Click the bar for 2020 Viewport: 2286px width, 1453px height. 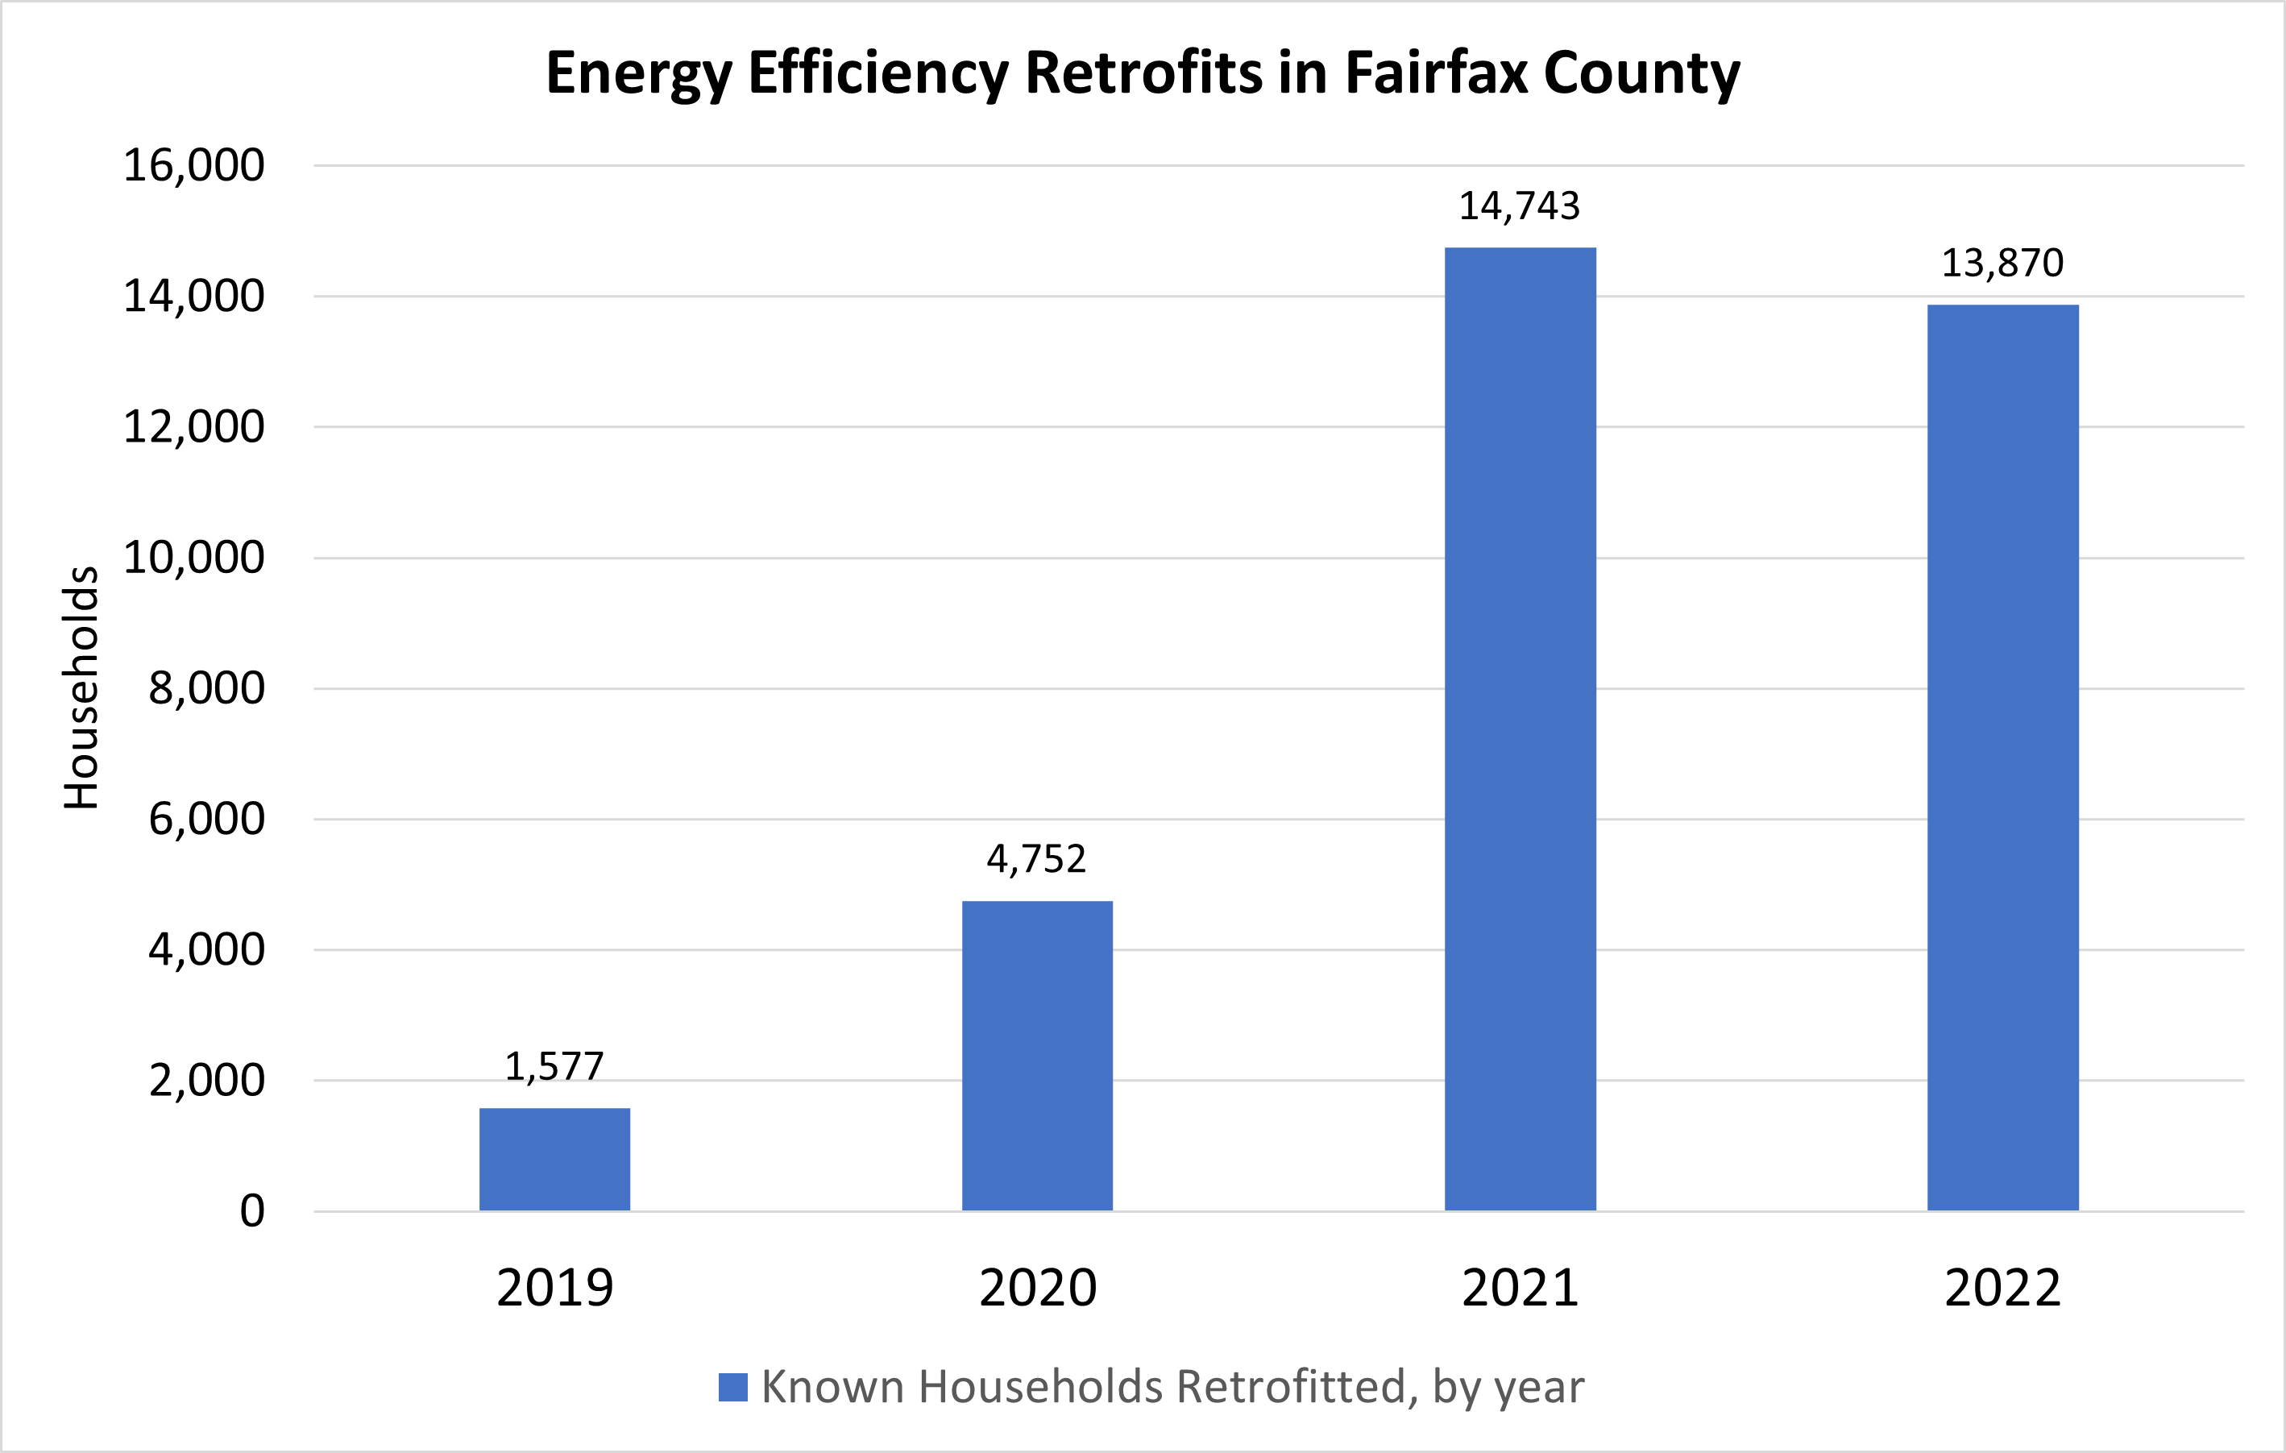(1037, 1055)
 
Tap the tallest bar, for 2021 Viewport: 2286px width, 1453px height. (1520, 729)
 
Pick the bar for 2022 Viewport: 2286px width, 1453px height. (2002, 757)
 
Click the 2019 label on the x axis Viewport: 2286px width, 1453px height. (554, 1289)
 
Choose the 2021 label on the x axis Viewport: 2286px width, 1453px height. (1520, 1289)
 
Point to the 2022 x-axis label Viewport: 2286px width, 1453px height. (2002, 1289)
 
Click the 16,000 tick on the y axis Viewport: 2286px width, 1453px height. (193, 166)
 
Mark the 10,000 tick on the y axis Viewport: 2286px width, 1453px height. (193, 558)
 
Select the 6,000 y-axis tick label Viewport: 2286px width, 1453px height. (206, 819)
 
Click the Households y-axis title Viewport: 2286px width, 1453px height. (81, 687)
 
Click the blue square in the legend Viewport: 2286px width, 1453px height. (733, 1388)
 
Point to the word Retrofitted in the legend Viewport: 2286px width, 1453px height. (1290, 1388)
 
